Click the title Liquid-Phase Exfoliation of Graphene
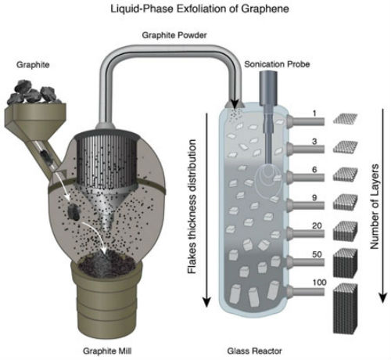tap(199, 9)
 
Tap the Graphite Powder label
tap(174, 35)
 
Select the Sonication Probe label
tap(277, 64)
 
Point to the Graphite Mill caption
tap(107, 351)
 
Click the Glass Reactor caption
tap(254, 351)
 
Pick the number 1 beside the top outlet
tap(314, 113)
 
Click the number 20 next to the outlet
tap(317, 225)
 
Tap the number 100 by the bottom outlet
tap(319, 283)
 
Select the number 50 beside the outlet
tap(317, 254)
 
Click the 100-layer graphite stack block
tap(346, 308)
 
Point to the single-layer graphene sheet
tap(346, 119)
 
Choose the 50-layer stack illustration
tap(346, 263)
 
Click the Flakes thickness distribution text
tap(192, 207)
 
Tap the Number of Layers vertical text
tap(375, 207)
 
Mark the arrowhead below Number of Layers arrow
tap(382, 297)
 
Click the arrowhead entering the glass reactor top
tap(235, 104)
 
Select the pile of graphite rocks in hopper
tap(34, 92)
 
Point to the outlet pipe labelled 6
tap(306, 178)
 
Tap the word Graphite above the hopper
tap(33, 65)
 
